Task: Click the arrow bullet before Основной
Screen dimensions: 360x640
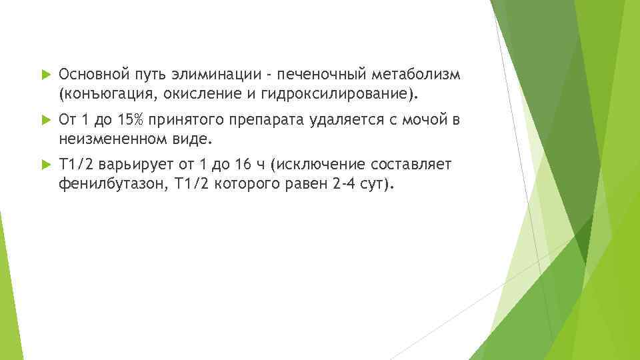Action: pyautogui.click(x=45, y=72)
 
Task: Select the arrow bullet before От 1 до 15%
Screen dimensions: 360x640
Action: pyautogui.click(x=45, y=120)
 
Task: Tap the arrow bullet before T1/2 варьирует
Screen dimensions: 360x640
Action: pyautogui.click(x=45, y=165)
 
